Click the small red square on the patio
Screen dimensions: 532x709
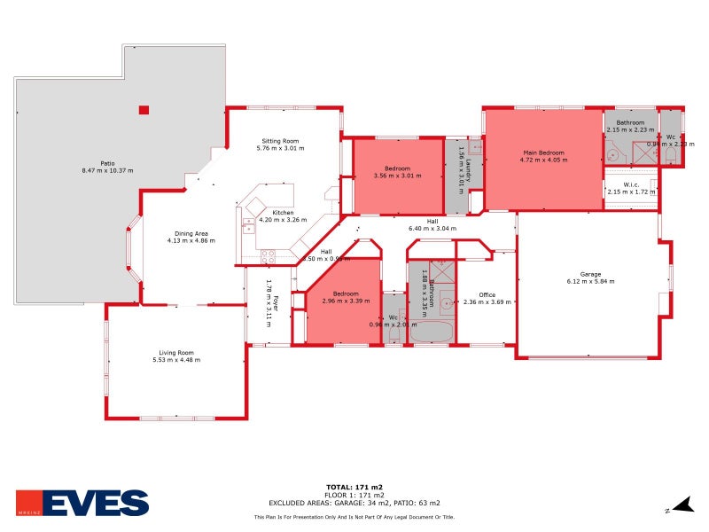click(144, 110)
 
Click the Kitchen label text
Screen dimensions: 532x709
click(283, 213)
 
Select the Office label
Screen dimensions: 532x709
click(487, 295)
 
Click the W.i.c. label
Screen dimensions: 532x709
click(631, 185)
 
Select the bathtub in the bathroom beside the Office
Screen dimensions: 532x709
click(430, 332)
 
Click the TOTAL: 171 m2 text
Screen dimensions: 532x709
click(354, 488)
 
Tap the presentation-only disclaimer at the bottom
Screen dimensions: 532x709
click(354, 516)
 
